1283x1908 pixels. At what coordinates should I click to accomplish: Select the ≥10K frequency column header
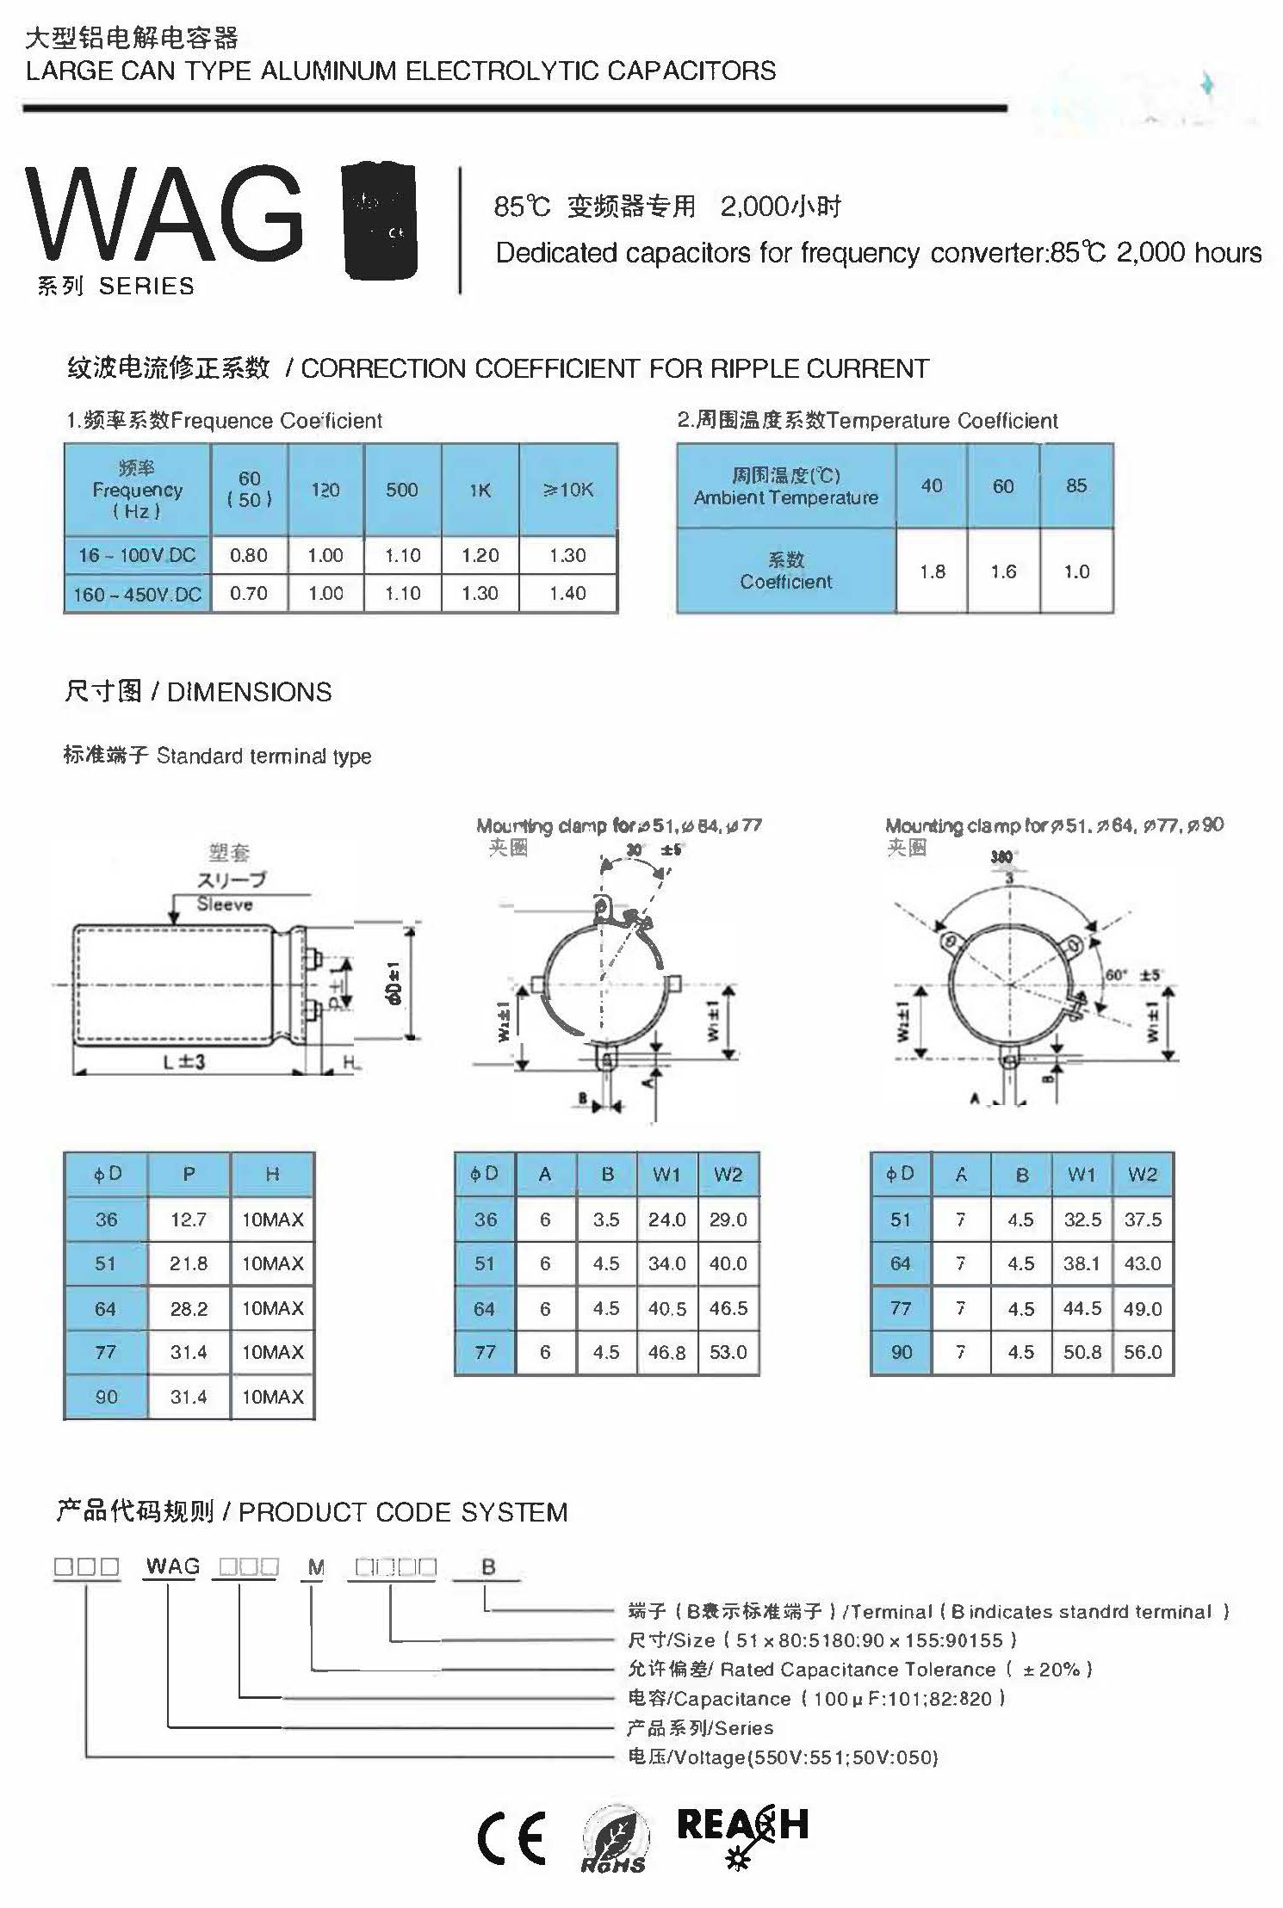point(568,490)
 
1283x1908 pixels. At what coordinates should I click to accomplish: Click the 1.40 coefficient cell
point(567,593)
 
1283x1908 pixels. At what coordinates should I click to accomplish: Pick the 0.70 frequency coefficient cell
point(248,593)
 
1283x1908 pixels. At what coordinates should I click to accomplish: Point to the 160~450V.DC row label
point(138,594)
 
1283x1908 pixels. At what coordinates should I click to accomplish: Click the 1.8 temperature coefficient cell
point(932,571)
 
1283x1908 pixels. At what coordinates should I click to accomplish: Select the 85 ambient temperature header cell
point(1075,485)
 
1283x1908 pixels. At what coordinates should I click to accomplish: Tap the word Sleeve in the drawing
point(224,904)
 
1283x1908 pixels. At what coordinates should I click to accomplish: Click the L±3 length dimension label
point(183,1062)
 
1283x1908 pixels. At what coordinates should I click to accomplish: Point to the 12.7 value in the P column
point(188,1220)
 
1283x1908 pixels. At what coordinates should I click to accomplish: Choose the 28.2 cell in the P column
point(188,1309)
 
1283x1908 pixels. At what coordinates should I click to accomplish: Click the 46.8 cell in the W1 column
point(666,1352)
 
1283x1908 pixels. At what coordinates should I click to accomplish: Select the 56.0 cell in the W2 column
point(1142,1352)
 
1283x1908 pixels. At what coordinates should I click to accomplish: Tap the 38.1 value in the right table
point(1082,1263)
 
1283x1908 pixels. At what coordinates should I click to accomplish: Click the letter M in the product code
point(316,1567)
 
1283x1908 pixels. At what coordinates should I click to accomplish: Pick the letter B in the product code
point(488,1566)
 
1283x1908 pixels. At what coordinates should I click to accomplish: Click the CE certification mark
point(511,1838)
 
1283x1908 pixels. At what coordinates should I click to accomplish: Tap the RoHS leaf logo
point(613,1840)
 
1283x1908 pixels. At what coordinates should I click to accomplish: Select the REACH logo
point(741,1831)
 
